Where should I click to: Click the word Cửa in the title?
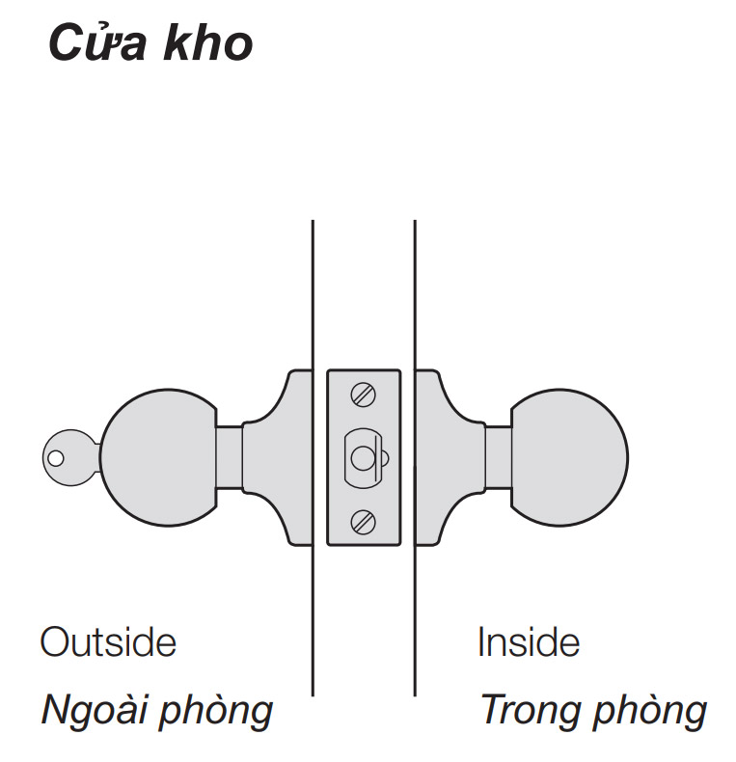pyautogui.click(x=92, y=43)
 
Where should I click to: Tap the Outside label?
pyautogui.click(x=108, y=642)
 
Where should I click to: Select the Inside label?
pyautogui.click(x=529, y=642)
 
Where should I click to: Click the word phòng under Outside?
pyautogui.click(x=216, y=712)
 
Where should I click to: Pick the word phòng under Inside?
pyautogui.click(x=650, y=711)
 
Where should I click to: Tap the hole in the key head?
pyautogui.click(x=56, y=455)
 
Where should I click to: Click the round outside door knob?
pyautogui.click(x=159, y=456)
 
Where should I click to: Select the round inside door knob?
pyautogui.click(x=570, y=456)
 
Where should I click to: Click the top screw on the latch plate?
pyautogui.click(x=364, y=394)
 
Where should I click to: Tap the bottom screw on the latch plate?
pyautogui.click(x=364, y=521)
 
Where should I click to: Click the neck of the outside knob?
pyautogui.click(x=229, y=456)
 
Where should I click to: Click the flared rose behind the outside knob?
pyautogui.click(x=280, y=456)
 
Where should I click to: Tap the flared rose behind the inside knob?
pyautogui.click(x=447, y=456)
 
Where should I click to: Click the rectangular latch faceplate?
pyautogui.click(x=386, y=487)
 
